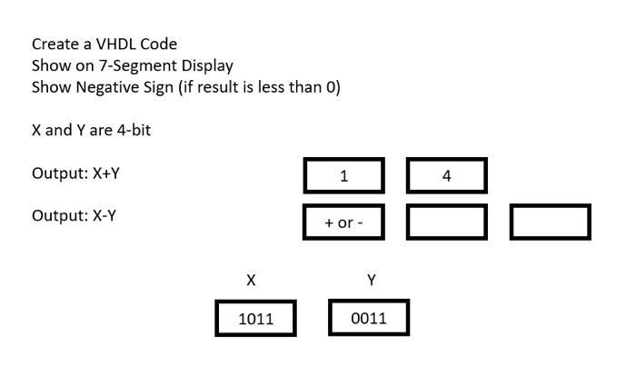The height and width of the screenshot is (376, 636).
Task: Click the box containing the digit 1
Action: (x=343, y=175)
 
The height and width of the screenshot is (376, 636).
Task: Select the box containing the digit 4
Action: (x=446, y=175)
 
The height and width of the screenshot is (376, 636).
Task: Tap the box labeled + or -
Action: (x=343, y=223)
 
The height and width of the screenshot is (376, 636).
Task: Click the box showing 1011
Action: (x=255, y=318)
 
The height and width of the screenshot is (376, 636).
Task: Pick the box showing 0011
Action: (x=368, y=318)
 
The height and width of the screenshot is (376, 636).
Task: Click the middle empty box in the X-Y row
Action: (x=446, y=223)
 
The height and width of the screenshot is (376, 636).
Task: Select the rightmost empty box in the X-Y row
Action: (x=550, y=223)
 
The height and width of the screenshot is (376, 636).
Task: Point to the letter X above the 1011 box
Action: (x=251, y=281)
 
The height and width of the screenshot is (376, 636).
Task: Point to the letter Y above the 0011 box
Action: (x=372, y=281)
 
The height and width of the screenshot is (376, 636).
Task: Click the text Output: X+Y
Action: (x=75, y=173)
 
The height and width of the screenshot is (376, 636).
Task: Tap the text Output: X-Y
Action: (x=74, y=215)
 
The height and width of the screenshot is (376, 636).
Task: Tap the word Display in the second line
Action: (x=207, y=65)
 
